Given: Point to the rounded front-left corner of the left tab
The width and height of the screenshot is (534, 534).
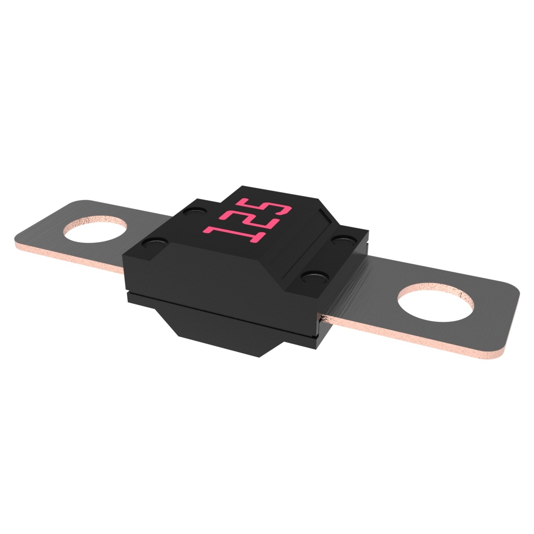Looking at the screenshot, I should (19, 238).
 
